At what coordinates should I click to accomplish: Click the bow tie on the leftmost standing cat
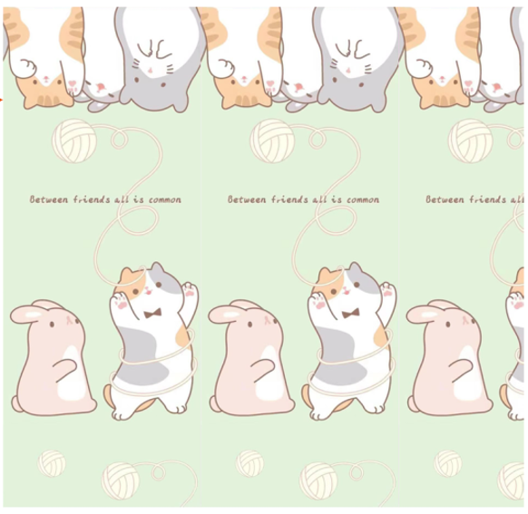(152, 314)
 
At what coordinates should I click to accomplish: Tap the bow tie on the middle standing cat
(350, 314)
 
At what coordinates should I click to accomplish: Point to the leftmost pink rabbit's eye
(52, 325)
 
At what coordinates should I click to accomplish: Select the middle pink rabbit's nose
(268, 319)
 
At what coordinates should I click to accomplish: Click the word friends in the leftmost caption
(92, 199)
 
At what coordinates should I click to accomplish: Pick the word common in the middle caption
(363, 200)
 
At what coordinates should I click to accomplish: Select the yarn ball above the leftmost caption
(74, 141)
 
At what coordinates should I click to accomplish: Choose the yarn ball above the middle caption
(272, 141)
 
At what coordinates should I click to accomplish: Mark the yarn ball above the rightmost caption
(471, 141)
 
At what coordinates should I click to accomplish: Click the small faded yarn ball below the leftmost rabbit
(52, 463)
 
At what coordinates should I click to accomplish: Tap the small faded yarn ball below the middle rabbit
(249, 463)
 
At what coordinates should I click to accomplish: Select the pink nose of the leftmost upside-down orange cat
(45, 79)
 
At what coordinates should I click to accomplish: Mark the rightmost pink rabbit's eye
(448, 325)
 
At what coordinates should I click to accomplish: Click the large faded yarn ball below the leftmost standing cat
(121, 480)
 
